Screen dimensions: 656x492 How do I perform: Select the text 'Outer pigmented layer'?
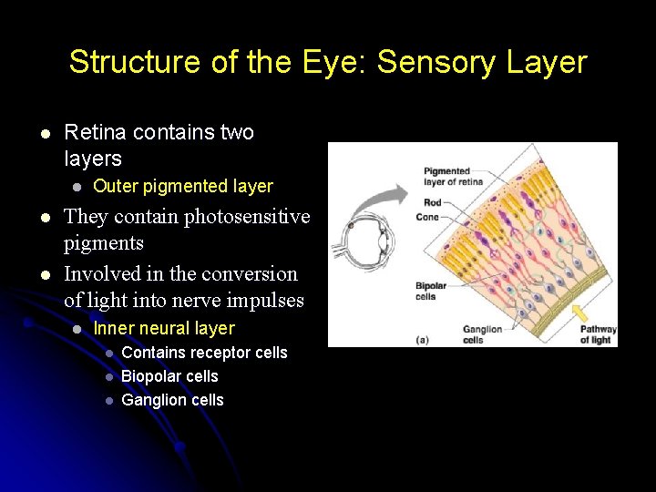(x=183, y=186)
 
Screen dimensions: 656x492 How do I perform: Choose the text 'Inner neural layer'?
(x=164, y=329)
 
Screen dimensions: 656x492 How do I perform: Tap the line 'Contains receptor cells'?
(x=204, y=353)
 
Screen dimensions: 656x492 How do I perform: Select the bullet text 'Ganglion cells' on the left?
(x=172, y=400)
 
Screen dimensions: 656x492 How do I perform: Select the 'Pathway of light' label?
(x=598, y=334)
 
